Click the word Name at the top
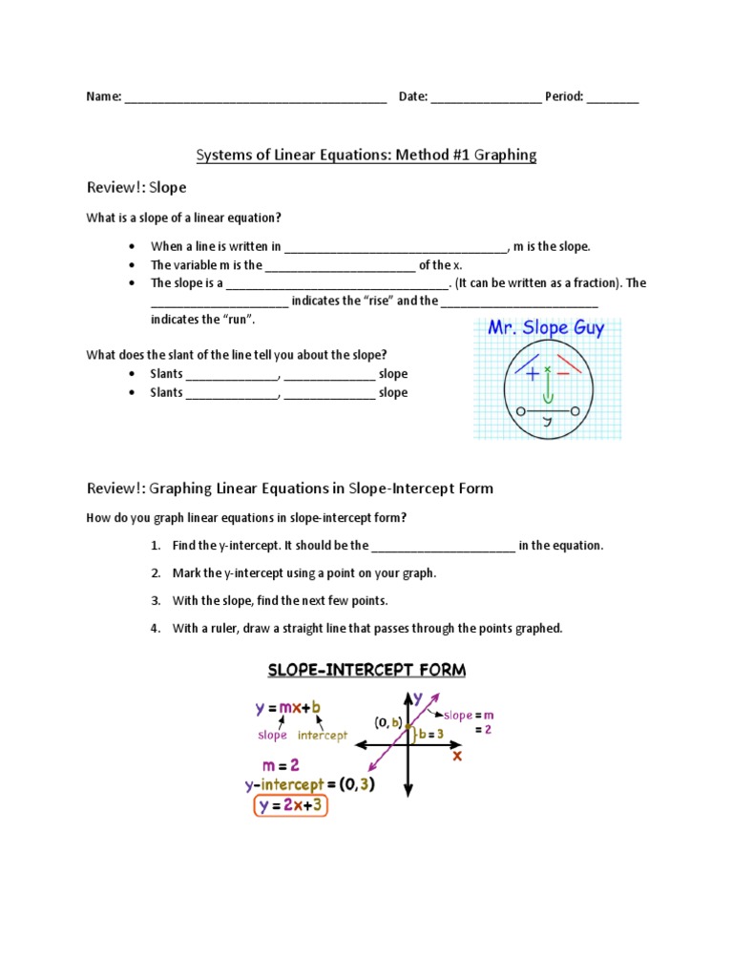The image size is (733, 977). pyautogui.click(x=102, y=96)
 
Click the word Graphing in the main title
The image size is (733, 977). pyautogui.click(x=502, y=155)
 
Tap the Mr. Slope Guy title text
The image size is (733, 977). pyautogui.click(x=545, y=328)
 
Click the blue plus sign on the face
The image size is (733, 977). pyautogui.click(x=532, y=375)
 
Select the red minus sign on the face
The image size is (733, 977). pyautogui.click(x=563, y=374)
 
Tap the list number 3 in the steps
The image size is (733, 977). pyautogui.click(x=155, y=601)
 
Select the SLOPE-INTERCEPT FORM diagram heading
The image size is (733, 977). pyautogui.click(x=366, y=670)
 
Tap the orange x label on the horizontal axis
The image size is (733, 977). pyautogui.click(x=456, y=755)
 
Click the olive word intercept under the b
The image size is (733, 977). pyautogui.click(x=323, y=736)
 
